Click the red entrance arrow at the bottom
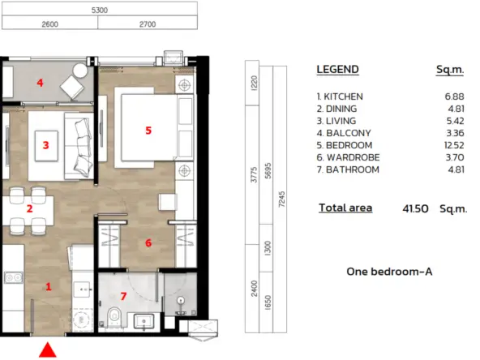48,350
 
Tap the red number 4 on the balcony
40,83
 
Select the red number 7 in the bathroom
123,296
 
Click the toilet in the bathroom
114,315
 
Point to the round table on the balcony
80,71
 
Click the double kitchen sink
14,277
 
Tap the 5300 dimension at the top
100,10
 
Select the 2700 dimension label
148,24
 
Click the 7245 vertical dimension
281,199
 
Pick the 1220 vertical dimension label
254,83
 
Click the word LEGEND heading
337,70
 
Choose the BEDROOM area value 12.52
454,145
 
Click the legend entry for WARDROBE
348,157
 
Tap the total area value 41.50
415,208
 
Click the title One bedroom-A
389,272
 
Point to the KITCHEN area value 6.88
455,96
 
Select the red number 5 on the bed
148,131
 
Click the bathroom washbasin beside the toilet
144,322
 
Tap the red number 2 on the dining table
29,208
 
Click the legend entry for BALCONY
344,133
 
